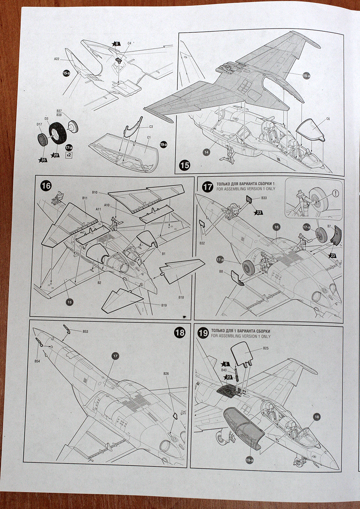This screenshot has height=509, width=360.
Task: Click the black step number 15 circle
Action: pyautogui.click(x=185, y=165)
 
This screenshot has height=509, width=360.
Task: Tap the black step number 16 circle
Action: pyautogui.click(x=46, y=186)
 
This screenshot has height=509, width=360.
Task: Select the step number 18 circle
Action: pyautogui.click(x=180, y=332)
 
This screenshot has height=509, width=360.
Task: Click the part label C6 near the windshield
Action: pyautogui.click(x=328, y=119)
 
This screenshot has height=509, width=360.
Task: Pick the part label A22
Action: pyautogui.click(x=57, y=59)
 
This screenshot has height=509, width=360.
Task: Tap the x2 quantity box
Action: pyautogui.click(x=69, y=155)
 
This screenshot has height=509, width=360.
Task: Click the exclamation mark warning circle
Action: pyautogui.click(x=335, y=193)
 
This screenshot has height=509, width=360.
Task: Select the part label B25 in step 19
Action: pyautogui.click(x=266, y=348)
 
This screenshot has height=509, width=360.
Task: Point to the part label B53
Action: pyautogui.click(x=85, y=332)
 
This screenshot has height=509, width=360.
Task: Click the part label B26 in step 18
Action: pyautogui.click(x=166, y=373)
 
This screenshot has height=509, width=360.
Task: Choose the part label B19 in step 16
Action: pyautogui.click(x=164, y=305)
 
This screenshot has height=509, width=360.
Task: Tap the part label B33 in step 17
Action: pyautogui.click(x=264, y=198)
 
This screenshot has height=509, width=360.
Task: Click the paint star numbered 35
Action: pyautogui.click(x=43, y=160)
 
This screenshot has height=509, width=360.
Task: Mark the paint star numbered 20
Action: pyautogui.click(x=56, y=155)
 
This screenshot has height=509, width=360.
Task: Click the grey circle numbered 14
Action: pyautogui.click(x=207, y=152)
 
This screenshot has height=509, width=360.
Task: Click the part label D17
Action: pyautogui.click(x=39, y=124)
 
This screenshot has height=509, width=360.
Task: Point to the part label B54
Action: pyautogui.click(x=37, y=361)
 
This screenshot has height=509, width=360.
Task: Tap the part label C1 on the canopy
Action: pyautogui.click(x=149, y=138)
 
